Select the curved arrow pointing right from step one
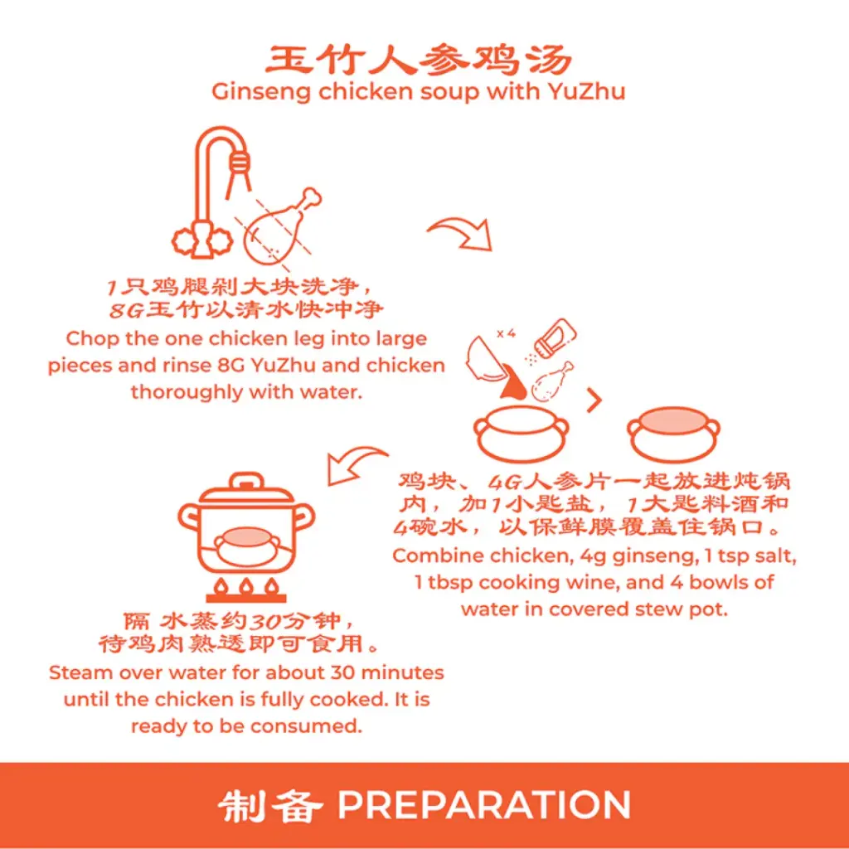460,231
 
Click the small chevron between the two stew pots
594,401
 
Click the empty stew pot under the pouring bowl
521,431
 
